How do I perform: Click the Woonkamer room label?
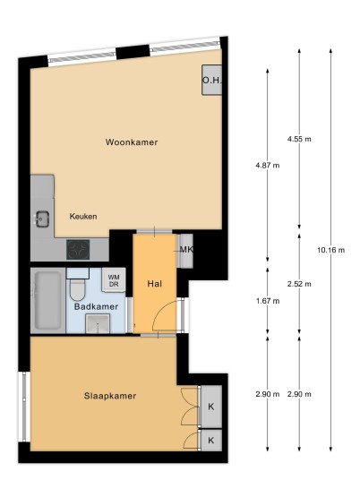coord(132,142)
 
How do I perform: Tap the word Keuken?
coord(83,217)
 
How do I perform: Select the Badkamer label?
coord(96,307)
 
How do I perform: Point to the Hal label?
coord(155,284)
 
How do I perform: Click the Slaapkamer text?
coord(110,396)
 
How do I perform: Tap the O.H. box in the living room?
coord(211,80)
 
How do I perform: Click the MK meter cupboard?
coord(185,251)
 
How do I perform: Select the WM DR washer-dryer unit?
coord(114,280)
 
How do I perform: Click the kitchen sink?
coord(43,219)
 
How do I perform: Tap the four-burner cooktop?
coord(79,250)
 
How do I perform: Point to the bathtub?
coord(48,301)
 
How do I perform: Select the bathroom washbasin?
coord(98,323)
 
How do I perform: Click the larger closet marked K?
coord(211,407)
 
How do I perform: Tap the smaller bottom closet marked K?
coord(211,441)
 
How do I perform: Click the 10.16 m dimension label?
coord(331,250)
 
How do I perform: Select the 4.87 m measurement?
coord(268,166)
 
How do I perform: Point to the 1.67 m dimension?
coord(268,301)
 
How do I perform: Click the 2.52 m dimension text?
coord(299,284)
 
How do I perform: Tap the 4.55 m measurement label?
coord(299,140)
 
